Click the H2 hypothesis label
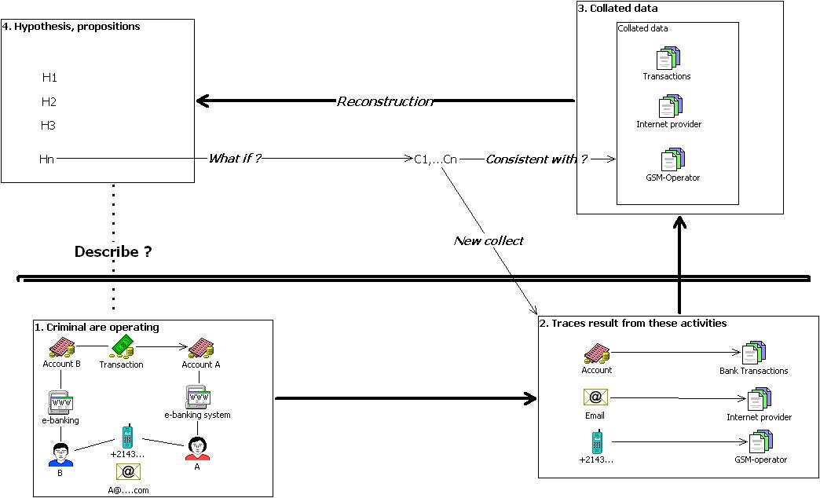[x=49, y=101]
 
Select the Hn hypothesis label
[x=46, y=159]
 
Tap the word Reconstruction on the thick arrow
[x=386, y=101]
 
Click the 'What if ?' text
[x=234, y=158]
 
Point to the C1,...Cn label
[x=436, y=159]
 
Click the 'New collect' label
[x=489, y=240]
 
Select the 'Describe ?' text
[x=113, y=251]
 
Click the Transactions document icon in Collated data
[x=668, y=58]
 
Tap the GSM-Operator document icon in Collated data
[x=672, y=159]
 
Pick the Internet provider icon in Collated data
[x=671, y=106]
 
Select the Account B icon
[x=62, y=347]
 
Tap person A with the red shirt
[x=197, y=449]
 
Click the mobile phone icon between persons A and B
[x=127, y=437]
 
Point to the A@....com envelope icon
[x=128, y=472]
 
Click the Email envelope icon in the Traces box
[x=595, y=397]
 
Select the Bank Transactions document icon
[x=753, y=353]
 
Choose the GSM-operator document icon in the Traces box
[x=761, y=442]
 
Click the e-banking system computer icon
[x=198, y=397]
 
